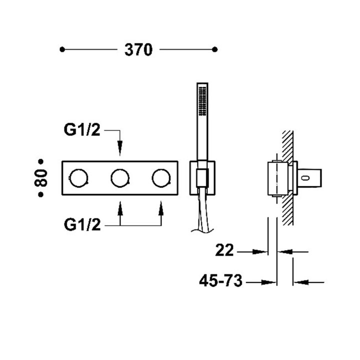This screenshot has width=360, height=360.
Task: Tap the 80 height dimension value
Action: pyautogui.click(x=41, y=177)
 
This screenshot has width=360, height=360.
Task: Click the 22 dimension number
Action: pyautogui.click(x=225, y=250)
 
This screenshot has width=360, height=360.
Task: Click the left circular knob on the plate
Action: pyautogui.click(x=79, y=177)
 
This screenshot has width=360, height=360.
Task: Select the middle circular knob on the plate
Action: pyautogui.click(x=120, y=177)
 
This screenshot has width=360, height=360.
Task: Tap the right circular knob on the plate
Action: pyautogui.click(x=160, y=177)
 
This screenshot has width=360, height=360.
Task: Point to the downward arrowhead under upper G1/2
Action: pyautogui.click(x=120, y=150)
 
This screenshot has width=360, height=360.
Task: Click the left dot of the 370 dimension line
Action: pyautogui.click(x=62, y=49)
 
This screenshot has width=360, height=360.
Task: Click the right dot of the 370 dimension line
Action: pyautogui.click(x=215, y=49)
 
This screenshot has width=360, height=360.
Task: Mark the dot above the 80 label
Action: pyautogui.click(x=41, y=161)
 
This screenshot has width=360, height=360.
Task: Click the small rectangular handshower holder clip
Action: pyautogui.click(x=201, y=178)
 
